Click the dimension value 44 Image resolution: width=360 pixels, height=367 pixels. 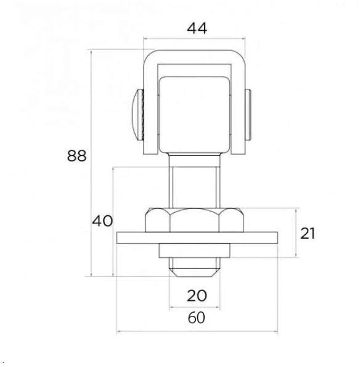197,29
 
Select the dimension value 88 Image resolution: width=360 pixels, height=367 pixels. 76,156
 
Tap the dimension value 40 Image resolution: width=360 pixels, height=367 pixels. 102,221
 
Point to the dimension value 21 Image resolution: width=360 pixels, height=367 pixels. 308,233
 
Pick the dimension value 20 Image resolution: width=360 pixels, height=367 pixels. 197,295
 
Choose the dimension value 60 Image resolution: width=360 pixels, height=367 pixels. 197,318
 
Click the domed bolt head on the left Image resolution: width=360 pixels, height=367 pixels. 138,115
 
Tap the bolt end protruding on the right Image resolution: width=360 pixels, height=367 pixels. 248,115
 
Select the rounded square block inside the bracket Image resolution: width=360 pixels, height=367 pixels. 194,115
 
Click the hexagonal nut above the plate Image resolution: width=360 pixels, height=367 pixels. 194,220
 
